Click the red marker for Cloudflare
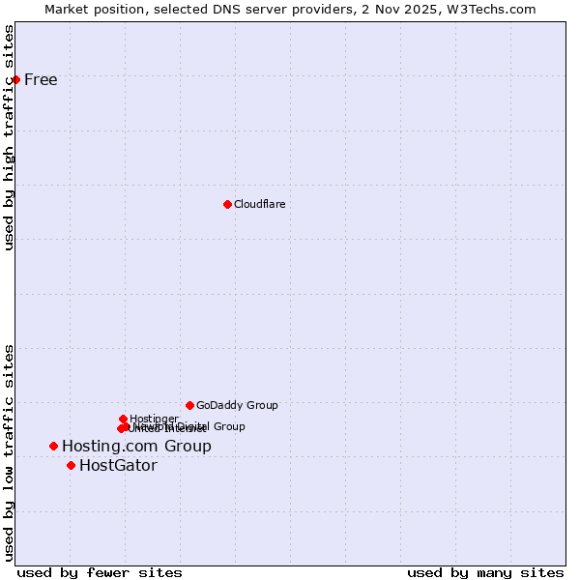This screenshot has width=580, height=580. click(227, 204)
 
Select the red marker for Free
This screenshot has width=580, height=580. click(16, 79)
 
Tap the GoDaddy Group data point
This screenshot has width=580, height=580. click(189, 405)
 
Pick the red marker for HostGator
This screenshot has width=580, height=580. click(71, 465)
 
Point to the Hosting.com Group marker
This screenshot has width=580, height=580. click(53, 446)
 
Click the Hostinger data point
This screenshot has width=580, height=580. click(123, 419)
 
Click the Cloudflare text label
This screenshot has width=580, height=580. click(259, 204)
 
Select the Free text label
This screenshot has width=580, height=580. click(41, 79)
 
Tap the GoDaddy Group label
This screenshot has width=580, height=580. click(237, 405)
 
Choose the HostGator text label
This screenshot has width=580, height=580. click(118, 465)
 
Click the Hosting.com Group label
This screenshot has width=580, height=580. click(136, 446)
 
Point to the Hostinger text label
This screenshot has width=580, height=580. click(154, 419)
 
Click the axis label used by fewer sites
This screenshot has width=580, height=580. click(100, 572)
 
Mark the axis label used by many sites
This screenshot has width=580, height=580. click(485, 572)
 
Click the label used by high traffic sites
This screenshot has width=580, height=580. click(10, 137)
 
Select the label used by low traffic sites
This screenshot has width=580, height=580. click(10, 452)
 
